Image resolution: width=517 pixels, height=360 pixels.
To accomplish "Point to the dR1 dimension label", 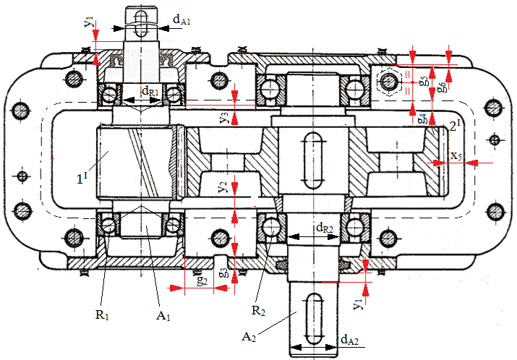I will (x=150, y=92).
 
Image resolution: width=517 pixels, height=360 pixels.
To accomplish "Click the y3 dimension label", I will (x=225, y=113).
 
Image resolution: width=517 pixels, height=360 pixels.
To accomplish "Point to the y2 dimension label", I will (x=223, y=187).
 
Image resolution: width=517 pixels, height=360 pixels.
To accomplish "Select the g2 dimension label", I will (x=203, y=280).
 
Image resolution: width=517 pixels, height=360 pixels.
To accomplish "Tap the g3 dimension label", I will (x=224, y=272).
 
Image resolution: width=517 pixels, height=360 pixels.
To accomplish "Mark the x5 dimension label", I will (x=456, y=155).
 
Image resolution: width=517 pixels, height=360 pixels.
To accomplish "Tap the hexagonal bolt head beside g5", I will (x=388, y=81).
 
